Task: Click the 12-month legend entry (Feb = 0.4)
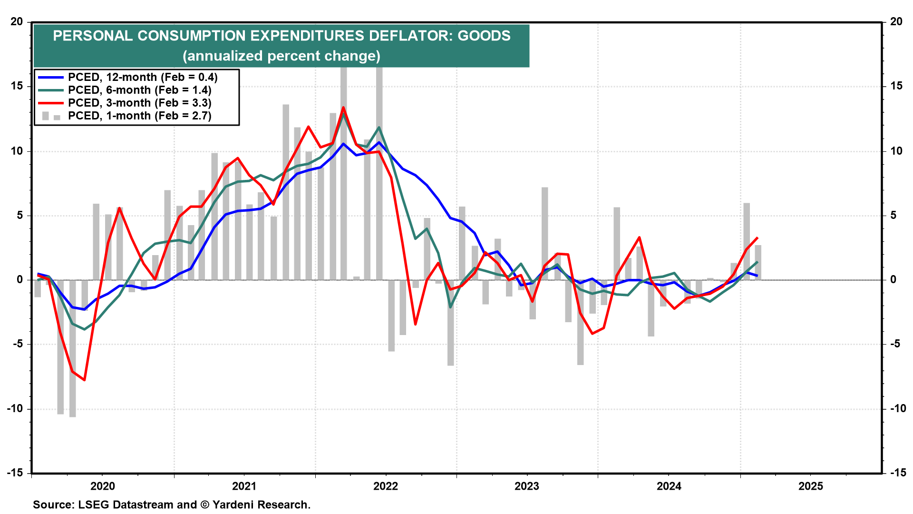coord(142,77)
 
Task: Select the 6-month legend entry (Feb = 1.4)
coord(139,90)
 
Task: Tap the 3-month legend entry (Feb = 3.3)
coord(139,103)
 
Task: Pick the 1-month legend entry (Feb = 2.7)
coord(139,116)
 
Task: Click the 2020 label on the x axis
coord(103,486)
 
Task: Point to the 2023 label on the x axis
coord(527,486)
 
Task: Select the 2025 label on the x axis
coord(810,486)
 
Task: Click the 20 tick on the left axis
coord(17,21)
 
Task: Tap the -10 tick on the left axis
coord(15,408)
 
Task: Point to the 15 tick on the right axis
coord(896,86)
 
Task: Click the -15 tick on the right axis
coord(898,473)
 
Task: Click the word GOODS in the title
coord(484,36)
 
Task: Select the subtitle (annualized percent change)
coord(282,56)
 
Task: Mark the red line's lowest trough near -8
coord(84,380)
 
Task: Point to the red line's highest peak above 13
coord(343,108)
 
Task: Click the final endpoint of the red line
coord(757,238)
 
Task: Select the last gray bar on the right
coord(758,262)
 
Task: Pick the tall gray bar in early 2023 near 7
coord(544,233)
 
